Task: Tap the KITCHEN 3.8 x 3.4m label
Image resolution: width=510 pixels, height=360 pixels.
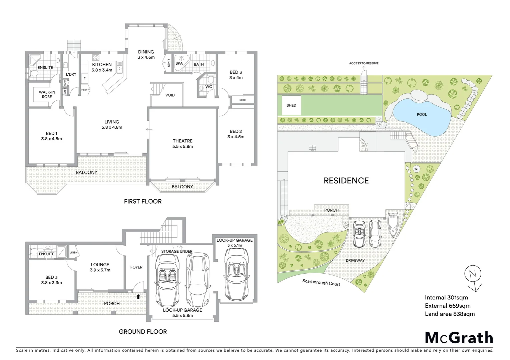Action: tap(102, 67)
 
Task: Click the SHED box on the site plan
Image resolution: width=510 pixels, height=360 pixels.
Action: tap(291, 105)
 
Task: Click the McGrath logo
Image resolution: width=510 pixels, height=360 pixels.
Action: tap(459, 338)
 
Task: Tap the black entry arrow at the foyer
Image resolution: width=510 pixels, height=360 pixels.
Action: tap(138, 296)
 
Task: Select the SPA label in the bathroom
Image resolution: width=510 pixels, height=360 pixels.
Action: tap(179, 63)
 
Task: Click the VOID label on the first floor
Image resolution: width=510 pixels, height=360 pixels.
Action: tap(170, 95)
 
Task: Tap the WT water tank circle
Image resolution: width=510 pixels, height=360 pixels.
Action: tap(416, 169)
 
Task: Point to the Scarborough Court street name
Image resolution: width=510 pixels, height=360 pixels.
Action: tap(321, 283)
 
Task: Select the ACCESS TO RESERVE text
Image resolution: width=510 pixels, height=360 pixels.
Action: tap(364, 63)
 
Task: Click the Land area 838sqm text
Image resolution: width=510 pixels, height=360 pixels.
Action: tap(449, 314)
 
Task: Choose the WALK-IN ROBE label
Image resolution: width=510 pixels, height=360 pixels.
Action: tap(47, 94)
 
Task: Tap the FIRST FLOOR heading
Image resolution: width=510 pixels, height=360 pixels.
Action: tap(142, 201)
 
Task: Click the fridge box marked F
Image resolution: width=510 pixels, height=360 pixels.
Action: tap(85, 79)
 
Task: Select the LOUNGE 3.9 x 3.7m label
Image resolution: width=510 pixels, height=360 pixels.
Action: tap(100, 267)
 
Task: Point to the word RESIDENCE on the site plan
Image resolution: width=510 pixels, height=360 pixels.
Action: tap(346, 181)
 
